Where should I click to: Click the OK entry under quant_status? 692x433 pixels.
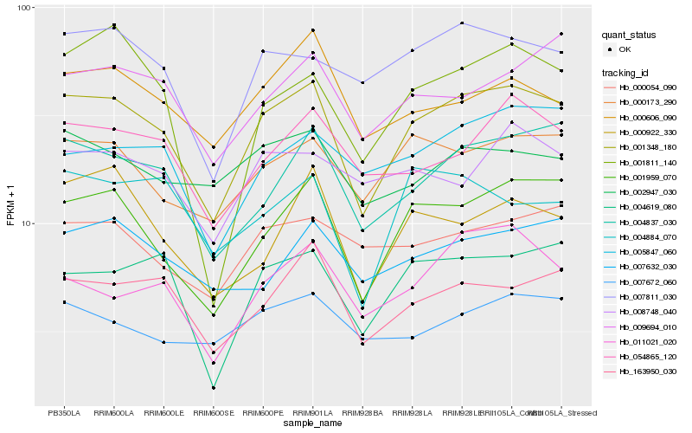[625, 50]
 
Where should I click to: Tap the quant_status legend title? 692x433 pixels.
[629, 36]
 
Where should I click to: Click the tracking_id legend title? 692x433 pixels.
[625, 73]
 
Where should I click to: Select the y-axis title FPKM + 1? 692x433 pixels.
[10, 205]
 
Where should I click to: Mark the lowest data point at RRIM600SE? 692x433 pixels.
[214, 388]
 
